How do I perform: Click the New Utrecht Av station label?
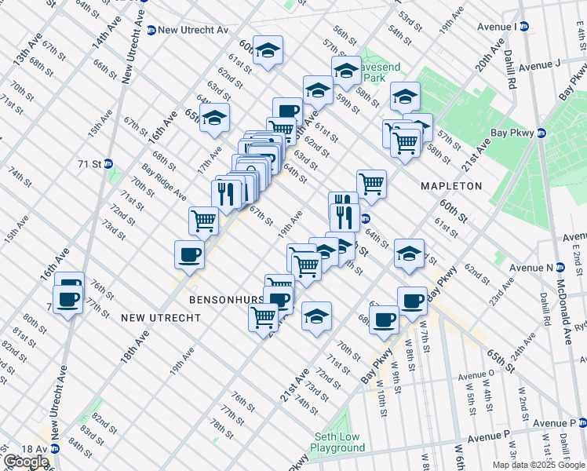point(192,30)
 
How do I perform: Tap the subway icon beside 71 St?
point(108,164)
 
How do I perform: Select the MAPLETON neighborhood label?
point(451,186)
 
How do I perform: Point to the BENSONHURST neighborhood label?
point(219,300)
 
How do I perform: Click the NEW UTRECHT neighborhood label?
point(160,318)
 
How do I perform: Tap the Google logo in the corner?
point(26,462)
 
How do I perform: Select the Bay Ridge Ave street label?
point(163,181)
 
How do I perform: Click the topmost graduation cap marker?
point(268,50)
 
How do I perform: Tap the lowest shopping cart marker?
point(263,317)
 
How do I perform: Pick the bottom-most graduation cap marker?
point(315,316)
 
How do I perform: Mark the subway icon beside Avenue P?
point(581,423)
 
